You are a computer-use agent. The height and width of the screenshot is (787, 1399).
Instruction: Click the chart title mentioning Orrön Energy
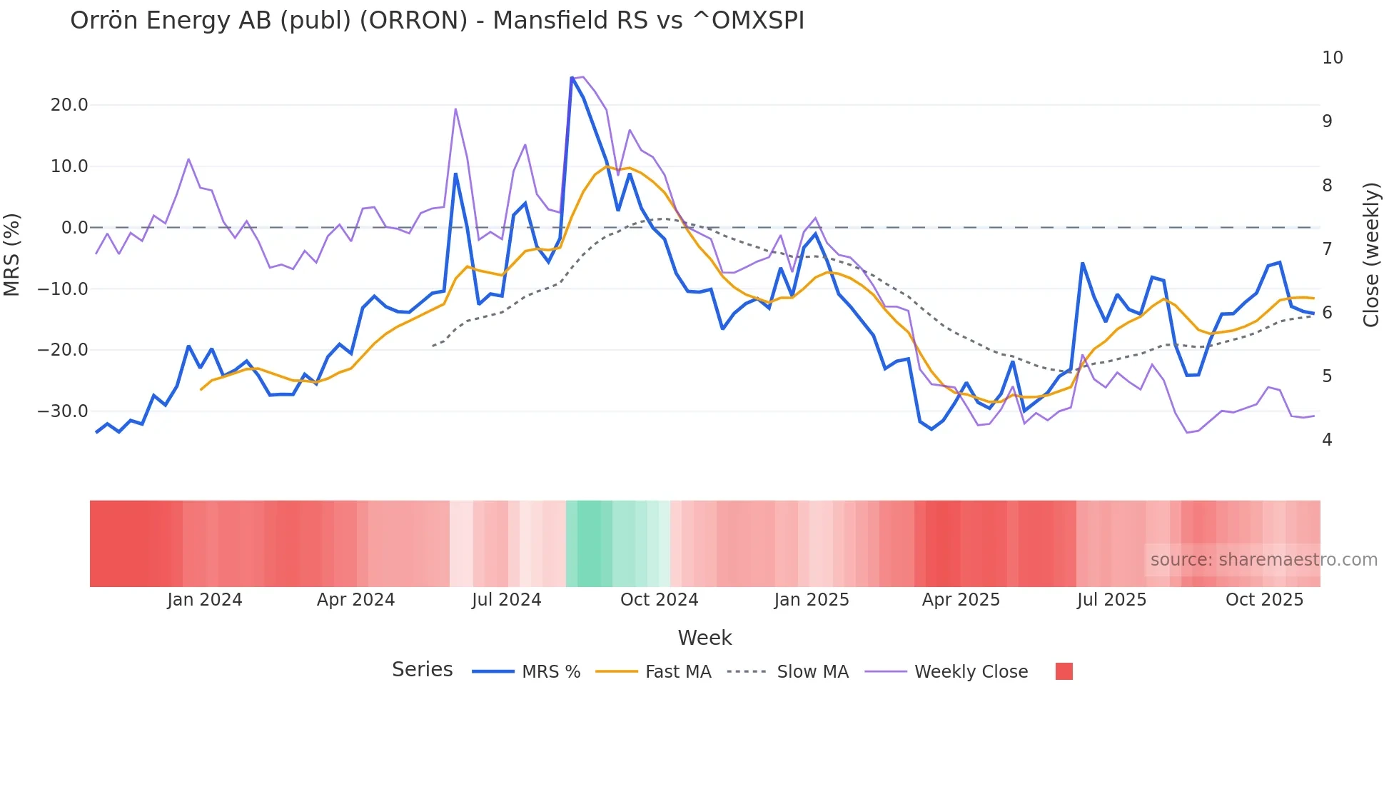tap(437, 21)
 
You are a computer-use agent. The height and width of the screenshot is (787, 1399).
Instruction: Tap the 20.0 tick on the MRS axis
tap(69, 105)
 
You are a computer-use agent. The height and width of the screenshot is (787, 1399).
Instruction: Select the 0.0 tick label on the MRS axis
tap(74, 228)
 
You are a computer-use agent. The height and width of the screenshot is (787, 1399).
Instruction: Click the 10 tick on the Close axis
tap(1332, 58)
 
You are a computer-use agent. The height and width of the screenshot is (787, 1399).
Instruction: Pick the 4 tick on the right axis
tap(1327, 440)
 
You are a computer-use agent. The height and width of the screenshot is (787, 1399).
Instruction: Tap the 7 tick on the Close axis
tap(1327, 249)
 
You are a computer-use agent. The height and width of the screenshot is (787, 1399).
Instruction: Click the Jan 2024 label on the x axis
tap(205, 600)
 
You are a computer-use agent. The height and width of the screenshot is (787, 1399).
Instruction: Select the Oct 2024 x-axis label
tap(659, 600)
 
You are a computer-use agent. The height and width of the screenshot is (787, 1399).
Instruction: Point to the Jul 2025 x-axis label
tap(1111, 600)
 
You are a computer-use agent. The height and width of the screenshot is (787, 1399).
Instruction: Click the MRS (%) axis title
tap(12, 254)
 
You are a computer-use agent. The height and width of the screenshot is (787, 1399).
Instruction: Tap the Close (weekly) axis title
tap(1370, 254)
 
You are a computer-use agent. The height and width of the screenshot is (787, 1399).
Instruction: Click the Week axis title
tap(704, 638)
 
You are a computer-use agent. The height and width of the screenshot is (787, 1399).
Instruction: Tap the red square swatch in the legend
tap(1064, 671)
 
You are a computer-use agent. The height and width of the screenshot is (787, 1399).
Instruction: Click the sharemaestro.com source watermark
tap(1263, 560)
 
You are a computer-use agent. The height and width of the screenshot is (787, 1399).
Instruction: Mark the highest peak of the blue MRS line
tap(572, 78)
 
